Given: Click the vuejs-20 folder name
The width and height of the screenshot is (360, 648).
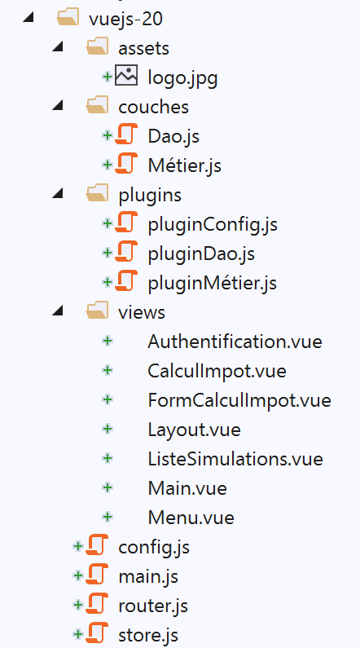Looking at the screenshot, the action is [x=125, y=19].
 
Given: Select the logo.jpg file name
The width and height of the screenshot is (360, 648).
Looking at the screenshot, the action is [x=182, y=78].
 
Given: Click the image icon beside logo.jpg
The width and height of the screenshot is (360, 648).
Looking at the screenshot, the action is [x=126, y=76].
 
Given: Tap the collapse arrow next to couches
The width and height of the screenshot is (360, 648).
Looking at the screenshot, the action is [x=58, y=106].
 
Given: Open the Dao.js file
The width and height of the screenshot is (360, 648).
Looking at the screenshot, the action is [x=173, y=136].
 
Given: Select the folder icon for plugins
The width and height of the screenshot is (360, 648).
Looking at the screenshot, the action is [x=98, y=193].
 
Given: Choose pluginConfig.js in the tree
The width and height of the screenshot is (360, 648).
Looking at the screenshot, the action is [x=213, y=225].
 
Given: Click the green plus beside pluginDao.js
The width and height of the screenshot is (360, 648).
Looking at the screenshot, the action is [x=107, y=253].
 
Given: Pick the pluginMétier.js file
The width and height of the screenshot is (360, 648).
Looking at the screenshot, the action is [x=213, y=284].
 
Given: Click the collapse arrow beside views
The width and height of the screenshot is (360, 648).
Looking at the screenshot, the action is [x=58, y=311].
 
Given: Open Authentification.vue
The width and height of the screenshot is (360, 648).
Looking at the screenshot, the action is [x=235, y=342].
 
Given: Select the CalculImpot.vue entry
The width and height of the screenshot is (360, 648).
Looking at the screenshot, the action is [x=217, y=372].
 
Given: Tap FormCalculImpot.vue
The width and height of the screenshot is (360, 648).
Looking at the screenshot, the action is [x=239, y=400].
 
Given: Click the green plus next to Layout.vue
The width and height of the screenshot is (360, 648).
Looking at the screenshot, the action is [x=108, y=429].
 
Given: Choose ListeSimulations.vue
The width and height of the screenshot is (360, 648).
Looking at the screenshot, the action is [x=235, y=459].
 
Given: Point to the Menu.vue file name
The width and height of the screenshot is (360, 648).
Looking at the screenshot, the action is [x=191, y=518].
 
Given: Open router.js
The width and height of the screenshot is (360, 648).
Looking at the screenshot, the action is [x=153, y=606].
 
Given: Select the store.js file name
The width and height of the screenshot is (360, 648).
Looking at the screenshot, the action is [x=148, y=636].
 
